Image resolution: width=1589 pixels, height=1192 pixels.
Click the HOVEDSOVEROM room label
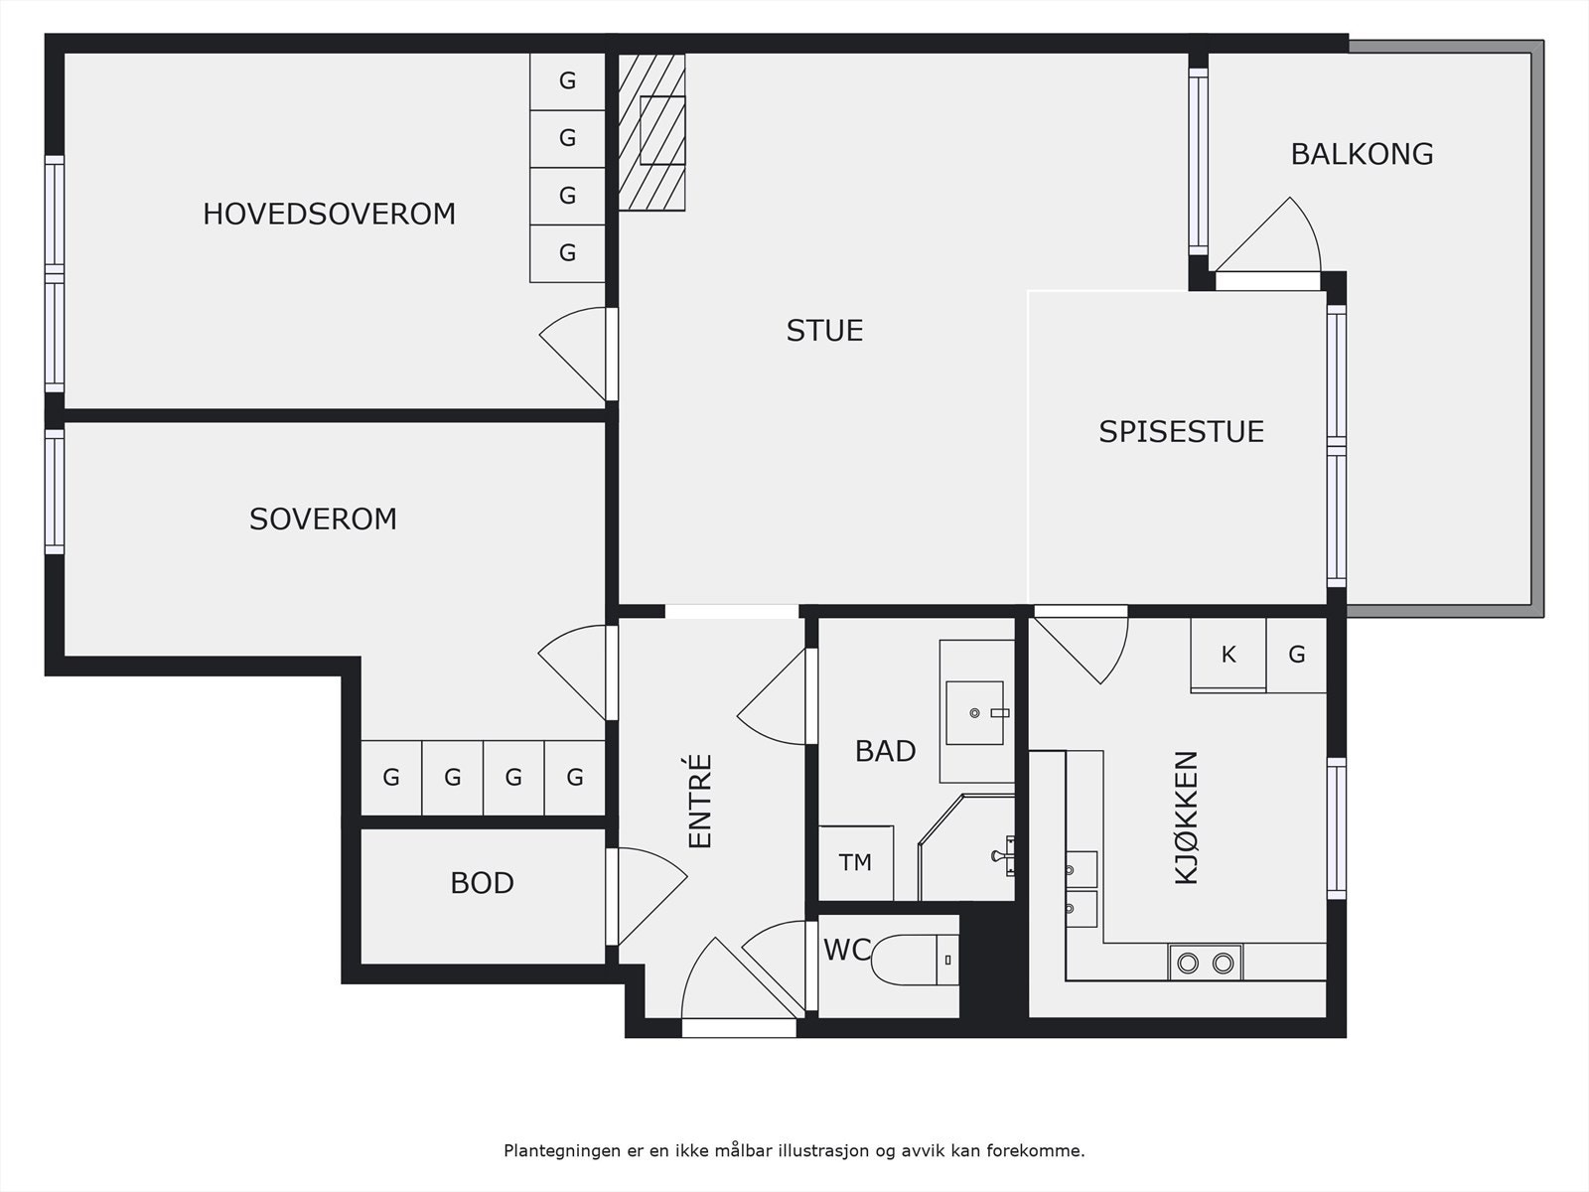point(329,214)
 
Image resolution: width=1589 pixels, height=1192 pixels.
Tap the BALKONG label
point(1362,154)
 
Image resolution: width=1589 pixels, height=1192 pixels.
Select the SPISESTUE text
point(1181,431)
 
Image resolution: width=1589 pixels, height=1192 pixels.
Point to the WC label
point(846,951)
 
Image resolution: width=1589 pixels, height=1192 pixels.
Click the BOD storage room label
point(482,883)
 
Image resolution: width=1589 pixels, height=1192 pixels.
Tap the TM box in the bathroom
point(855,862)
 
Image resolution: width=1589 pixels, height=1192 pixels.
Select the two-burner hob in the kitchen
point(1206,963)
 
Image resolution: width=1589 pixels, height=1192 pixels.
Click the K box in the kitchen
point(1228,655)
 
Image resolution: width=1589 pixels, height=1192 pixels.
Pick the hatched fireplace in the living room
point(652,131)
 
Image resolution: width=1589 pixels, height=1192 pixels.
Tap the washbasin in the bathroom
point(975,712)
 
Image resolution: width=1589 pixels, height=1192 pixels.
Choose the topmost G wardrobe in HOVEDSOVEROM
point(567,80)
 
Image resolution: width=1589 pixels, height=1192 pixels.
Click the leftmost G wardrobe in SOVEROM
point(391,778)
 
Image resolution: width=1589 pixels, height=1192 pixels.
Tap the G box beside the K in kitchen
point(1296,655)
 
